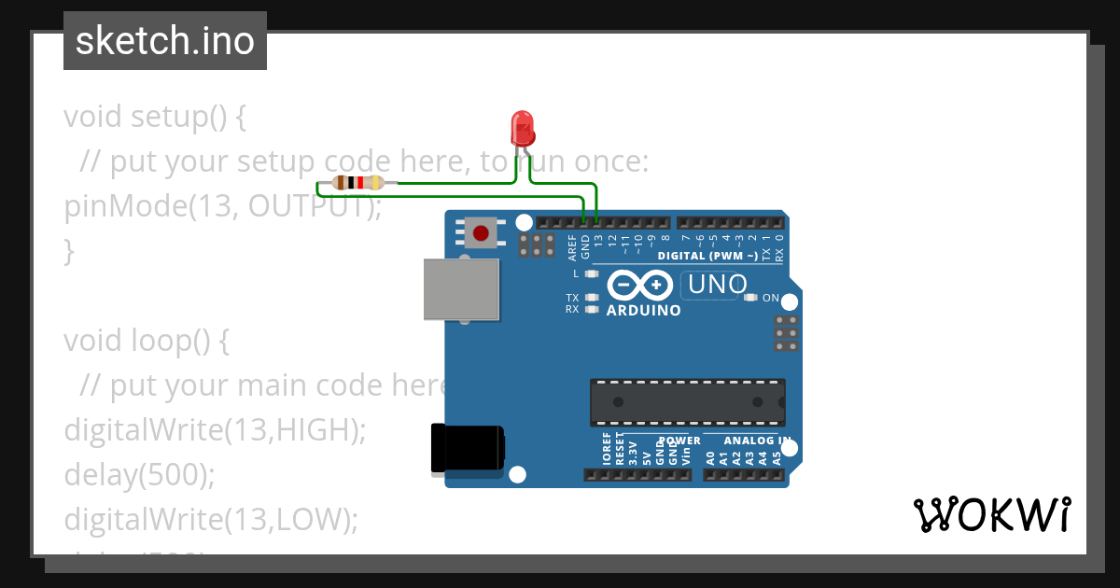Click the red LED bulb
522,127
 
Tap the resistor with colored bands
358,183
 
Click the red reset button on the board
482,231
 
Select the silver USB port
460,289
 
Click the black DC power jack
467,448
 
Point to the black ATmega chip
687,402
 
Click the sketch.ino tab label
165,41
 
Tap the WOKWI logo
991,514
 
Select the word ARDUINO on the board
644,311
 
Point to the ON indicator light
749,298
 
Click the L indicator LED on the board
590,274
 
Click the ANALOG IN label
758,441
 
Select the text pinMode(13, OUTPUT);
222,205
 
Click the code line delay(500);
139,474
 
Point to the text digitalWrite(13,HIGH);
213,429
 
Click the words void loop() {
146,341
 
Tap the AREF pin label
572,246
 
